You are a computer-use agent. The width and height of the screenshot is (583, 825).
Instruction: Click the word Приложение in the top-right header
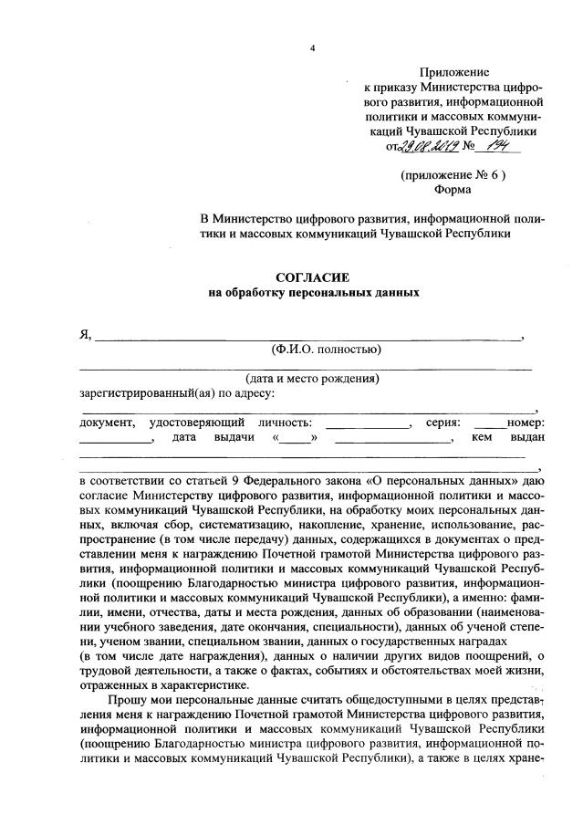(x=453, y=71)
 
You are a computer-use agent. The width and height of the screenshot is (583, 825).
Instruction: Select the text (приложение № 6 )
(x=453, y=173)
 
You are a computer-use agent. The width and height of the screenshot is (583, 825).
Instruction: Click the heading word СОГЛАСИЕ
(x=313, y=277)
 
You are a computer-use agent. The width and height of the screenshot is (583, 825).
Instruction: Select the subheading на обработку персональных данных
(x=313, y=294)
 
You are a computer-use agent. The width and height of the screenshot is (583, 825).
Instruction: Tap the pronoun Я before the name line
(x=85, y=334)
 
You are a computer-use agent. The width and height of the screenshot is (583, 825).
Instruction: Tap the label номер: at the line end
(x=526, y=423)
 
